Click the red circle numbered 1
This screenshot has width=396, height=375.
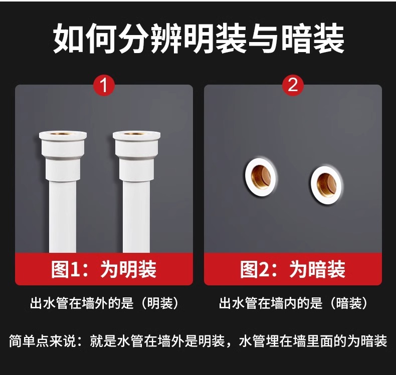tap(104, 85)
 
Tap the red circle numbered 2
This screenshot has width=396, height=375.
tap(293, 85)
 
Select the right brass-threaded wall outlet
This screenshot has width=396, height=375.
tap(326, 184)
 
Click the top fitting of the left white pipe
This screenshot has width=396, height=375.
tap(63, 156)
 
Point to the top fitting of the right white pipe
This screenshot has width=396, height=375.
tap(137, 156)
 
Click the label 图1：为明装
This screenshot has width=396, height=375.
tap(104, 269)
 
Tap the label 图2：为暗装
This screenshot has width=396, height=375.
tap(293, 269)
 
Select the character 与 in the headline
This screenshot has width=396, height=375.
tap(265, 39)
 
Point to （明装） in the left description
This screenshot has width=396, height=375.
tap(160, 303)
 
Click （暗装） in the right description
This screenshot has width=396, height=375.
tap(349, 303)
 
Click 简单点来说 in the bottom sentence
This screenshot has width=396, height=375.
tap(42, 341)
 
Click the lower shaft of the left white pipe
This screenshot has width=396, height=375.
tap(63, 217)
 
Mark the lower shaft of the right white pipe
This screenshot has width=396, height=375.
tap(136, 217)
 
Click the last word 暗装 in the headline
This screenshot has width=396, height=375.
tap(313, 39)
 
